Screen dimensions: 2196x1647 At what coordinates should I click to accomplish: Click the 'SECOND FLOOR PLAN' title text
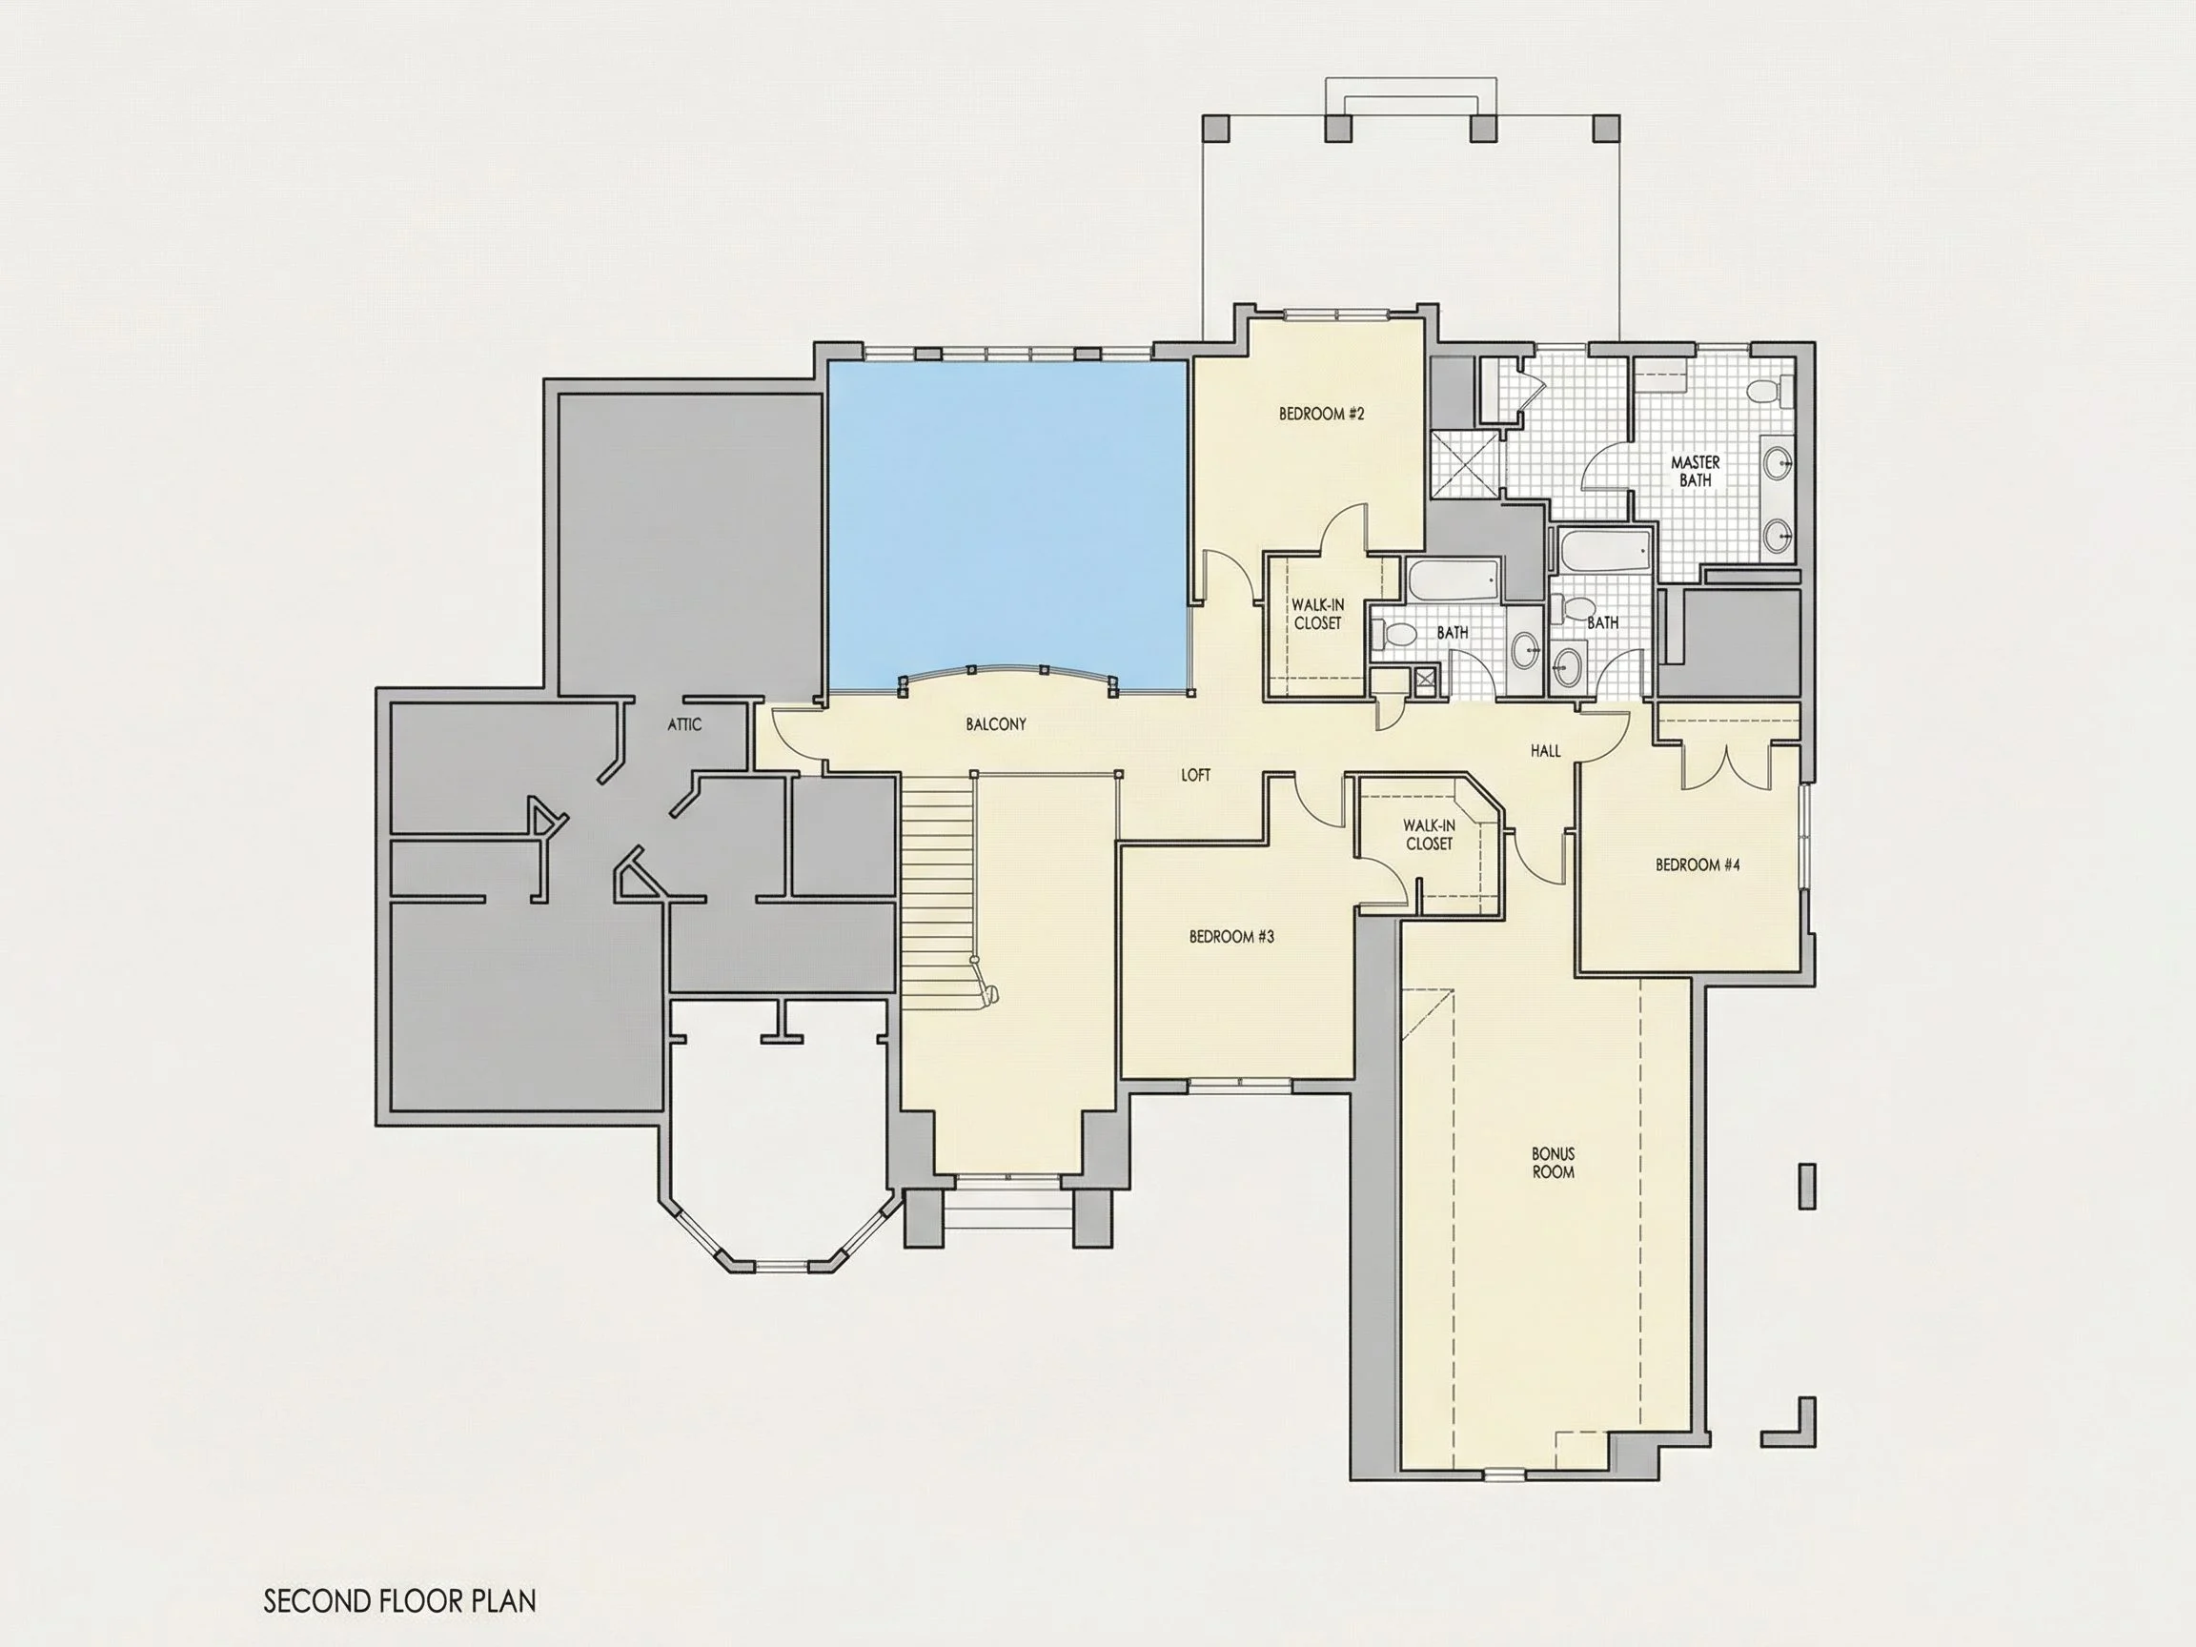coord(399,1601)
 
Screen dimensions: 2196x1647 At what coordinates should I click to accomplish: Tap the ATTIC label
coord(684,724)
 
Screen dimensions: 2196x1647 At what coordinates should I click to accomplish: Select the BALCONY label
coord(996,724)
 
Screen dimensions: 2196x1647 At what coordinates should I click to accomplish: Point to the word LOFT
coord(1195,775)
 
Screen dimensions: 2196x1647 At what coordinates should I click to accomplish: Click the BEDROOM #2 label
coord(1321,414)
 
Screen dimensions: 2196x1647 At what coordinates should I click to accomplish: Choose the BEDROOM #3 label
coord(1231,936)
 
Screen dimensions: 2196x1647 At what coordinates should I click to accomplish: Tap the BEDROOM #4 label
coord(1698,864)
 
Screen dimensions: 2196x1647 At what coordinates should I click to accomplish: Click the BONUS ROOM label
coord(1553,1163)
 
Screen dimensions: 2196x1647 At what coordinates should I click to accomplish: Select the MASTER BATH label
coord(1695,471)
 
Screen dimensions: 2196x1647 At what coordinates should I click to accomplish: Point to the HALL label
coord(1546,751)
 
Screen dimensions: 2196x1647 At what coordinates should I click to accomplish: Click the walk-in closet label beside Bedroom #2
coord(1317,614)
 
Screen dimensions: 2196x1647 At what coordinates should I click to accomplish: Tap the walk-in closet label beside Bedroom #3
coord(1429,834)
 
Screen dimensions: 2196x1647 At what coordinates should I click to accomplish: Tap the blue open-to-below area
coord(1008,526)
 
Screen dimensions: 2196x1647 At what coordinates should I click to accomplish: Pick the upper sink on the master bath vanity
coord(1777,461)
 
